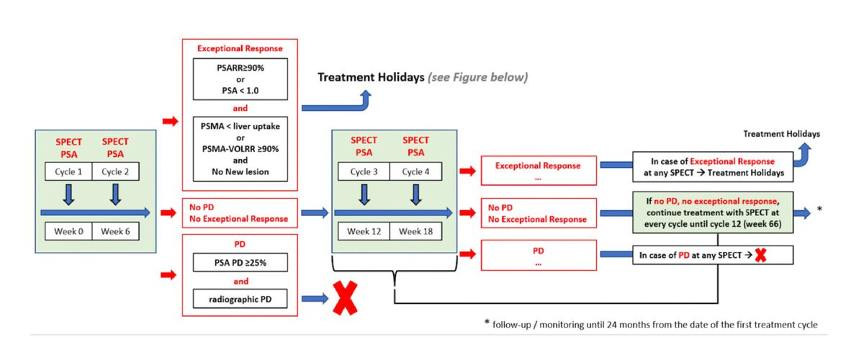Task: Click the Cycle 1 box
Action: pos(68,171)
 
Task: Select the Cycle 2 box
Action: pos(115,171)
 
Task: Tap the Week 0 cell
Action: pos(68,231)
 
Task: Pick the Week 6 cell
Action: pos(115,231)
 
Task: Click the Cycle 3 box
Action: pos(364,171)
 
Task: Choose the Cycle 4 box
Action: pos(416,171)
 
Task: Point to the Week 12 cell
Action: pos(364,231)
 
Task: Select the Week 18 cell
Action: pos(416,231)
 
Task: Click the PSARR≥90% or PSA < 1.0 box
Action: pos(240,79)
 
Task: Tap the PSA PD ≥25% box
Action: pos(240,262)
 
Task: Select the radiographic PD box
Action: pos(240,299)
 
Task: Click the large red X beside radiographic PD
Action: pos(345,298)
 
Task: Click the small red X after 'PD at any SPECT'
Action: pos(760,255)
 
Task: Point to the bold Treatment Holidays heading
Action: pos(371,77)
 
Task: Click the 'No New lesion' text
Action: pos(240,171)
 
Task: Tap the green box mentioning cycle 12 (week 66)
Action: pos(713,212)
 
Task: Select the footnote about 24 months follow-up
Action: pos(651,324)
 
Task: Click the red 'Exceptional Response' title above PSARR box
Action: pos(240,49)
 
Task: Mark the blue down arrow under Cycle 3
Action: pos(364,194)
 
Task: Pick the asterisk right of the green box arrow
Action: pos(819,209)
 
